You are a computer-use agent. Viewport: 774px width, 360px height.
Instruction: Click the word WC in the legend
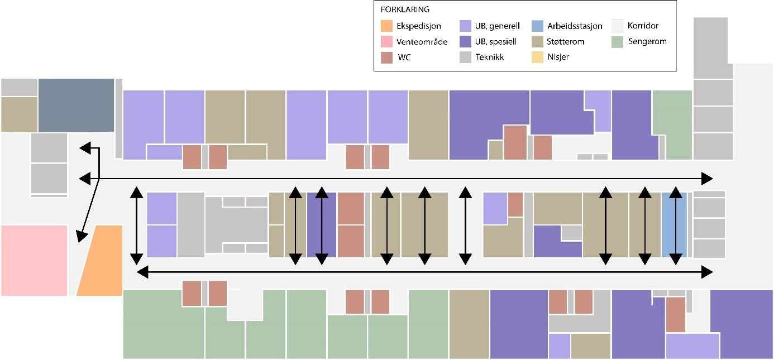(404, 57)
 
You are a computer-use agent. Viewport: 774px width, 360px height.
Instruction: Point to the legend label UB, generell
(498, 26)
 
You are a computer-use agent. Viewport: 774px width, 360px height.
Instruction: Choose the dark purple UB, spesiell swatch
(466, 41)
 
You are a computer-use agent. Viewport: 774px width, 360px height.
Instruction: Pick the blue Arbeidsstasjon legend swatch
(539, 26)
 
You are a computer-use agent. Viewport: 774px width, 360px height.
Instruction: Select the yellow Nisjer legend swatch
(539, 57)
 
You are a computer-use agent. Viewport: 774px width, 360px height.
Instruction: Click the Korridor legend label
(643, 26)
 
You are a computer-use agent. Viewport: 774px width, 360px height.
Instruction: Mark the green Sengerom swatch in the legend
(617, 41)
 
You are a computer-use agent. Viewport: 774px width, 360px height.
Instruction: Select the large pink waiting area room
(34, 260)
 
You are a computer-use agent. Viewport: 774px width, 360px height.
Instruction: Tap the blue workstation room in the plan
(673, 224)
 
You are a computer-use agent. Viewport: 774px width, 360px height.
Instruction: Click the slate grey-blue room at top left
(76, 105)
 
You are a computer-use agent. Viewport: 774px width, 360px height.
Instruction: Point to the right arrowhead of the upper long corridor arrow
(707, 179)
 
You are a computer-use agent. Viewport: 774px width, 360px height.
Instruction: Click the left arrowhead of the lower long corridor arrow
(143, 272)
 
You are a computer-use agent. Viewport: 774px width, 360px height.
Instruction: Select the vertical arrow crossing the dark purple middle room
(322, 224)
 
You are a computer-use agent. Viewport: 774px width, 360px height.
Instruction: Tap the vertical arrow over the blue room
(676, 224)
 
